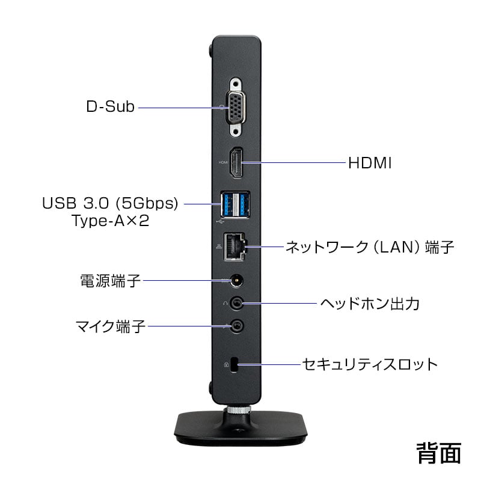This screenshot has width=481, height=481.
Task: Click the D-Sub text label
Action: click(111, 108)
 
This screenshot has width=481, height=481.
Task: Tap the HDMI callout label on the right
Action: click(370, 163)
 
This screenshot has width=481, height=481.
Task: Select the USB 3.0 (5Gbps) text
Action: click(110, 203)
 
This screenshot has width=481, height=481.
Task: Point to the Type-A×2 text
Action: click(110, 221)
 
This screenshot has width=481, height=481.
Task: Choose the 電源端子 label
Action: click(111, 280)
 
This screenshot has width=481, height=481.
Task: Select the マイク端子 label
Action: click(111, 326)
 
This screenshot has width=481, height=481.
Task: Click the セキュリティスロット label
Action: click(369, 364)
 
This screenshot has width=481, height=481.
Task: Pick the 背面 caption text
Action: click(438, 453)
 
